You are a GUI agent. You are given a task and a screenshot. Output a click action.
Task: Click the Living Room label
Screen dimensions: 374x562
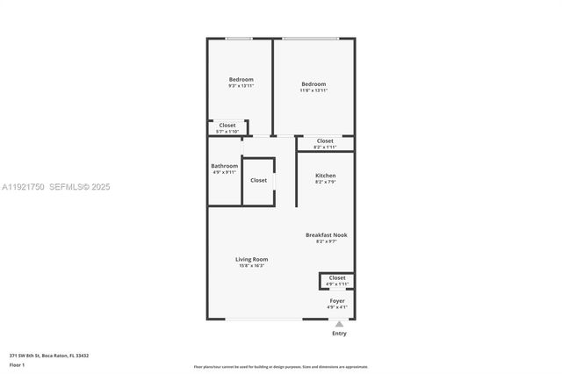251,259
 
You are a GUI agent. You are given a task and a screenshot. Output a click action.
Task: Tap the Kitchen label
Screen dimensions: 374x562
325,176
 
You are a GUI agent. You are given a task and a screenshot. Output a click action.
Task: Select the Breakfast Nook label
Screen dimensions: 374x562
326,234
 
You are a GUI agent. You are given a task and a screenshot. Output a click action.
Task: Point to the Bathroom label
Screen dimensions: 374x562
224,166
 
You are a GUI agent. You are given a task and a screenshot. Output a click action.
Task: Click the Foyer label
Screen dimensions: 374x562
337,300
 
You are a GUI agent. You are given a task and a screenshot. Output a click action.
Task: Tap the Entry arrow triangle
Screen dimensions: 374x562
339,324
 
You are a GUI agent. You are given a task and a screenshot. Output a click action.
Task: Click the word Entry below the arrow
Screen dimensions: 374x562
339,334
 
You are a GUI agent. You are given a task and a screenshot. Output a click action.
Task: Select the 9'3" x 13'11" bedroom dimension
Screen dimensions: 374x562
241,86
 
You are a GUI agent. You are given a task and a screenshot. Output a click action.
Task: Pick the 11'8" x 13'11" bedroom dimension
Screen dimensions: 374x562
313,90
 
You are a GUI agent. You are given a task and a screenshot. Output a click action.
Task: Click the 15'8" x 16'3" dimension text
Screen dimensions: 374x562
251,265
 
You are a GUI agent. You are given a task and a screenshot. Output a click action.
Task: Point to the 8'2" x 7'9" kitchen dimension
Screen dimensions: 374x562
325,182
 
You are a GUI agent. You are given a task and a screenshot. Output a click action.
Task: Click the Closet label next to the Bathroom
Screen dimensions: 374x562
258,180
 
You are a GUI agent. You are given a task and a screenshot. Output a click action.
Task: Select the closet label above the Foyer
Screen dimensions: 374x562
337,277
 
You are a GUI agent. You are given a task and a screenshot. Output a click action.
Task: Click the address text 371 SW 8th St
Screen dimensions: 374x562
49,356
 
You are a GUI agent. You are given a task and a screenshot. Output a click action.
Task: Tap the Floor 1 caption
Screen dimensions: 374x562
17,363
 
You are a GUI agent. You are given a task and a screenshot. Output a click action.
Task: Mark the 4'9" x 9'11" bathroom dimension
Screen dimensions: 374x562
224,172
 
